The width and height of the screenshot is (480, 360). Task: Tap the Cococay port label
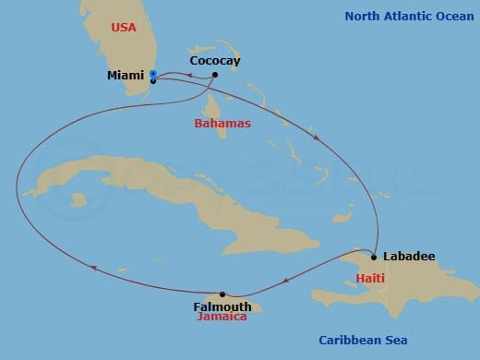tap(214, 61)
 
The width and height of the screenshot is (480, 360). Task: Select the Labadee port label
tap(408, 257)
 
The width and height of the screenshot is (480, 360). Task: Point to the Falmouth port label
tap(222, 306)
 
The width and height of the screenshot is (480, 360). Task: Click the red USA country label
tap(123, 28)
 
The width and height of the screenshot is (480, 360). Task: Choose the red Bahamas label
tap(222, 122)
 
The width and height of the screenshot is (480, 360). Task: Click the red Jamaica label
tap(222, 317)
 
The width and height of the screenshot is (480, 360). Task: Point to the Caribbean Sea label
tap(363, 340)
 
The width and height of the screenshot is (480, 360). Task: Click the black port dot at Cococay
tap(214, 75)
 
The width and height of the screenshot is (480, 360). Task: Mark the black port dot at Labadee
tap(374, 255)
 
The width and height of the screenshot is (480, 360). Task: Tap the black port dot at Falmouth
tap(222, 294)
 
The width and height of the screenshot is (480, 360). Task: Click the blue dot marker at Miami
tap(152, 73)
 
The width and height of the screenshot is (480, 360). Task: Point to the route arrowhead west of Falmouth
tap(92, 268)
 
